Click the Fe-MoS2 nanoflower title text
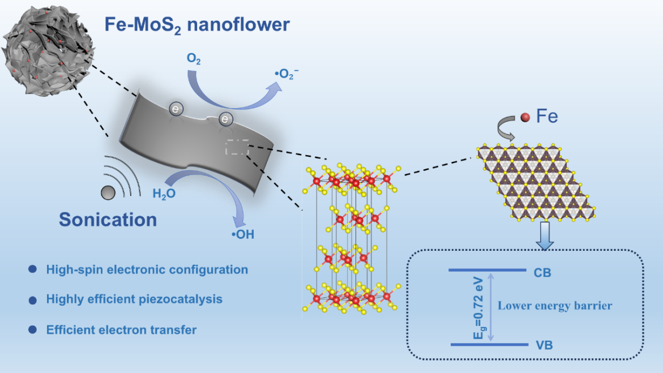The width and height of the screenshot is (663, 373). coord(197,25)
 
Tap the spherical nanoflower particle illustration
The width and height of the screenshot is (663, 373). coord(48,50)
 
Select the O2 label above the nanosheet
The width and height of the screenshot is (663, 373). coord(194,59)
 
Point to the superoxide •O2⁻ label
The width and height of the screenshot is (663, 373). coord(286,74)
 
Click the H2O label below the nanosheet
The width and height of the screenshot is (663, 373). coord(164,194)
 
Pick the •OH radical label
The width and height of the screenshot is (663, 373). coord(243,234)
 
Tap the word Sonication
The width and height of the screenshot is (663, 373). coord(108,220)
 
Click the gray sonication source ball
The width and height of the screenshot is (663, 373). coord(108,193)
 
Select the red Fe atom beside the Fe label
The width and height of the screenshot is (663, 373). coord(525,118)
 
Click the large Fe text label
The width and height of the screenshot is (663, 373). coord(547,116)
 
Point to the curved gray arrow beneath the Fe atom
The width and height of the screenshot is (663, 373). coord(505,128)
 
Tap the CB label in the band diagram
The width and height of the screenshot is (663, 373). coord(542,273)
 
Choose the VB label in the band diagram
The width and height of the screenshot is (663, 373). coord(544,345)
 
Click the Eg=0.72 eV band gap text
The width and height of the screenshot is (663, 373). coord(478,308)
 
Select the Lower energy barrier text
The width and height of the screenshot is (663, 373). coord(555,305)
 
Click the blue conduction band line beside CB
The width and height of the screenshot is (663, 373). coord(487,270)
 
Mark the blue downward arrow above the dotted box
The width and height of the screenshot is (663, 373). coord(545,235)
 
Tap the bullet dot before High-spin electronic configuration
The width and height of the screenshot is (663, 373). coord(33,269)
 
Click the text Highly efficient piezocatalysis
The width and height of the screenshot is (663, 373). coord(134,299)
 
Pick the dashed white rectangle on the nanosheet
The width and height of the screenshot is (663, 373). coord(237,147)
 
